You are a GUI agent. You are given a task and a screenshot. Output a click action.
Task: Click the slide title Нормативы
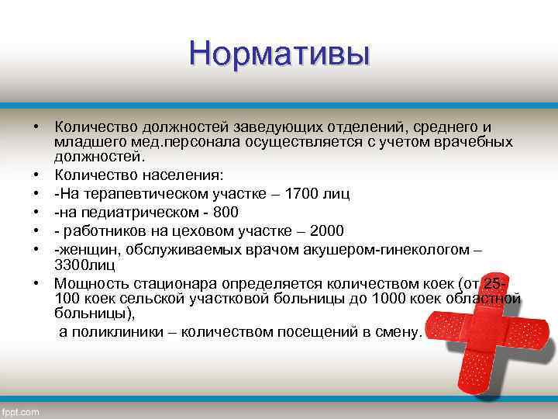279,54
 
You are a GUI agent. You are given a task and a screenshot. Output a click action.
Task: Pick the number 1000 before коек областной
394,300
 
